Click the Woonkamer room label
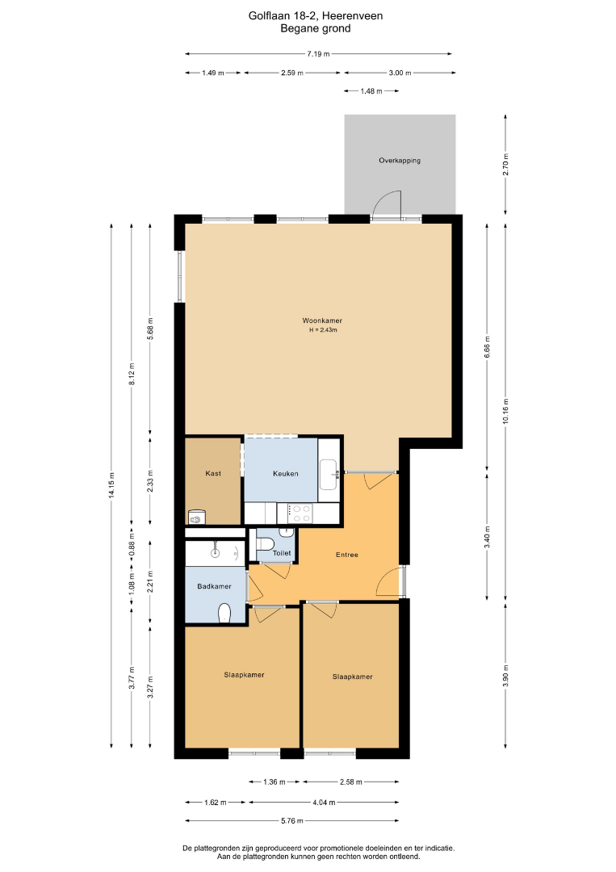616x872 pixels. tap(322, 321)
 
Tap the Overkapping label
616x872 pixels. tap(400, 161)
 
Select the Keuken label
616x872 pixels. tap(286, 474)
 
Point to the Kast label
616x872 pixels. tap(213, 473)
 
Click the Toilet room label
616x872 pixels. tap(282, 553)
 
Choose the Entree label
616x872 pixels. tap(347, 555)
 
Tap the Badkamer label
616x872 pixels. tap(214, 586)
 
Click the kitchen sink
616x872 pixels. tap(329, 475)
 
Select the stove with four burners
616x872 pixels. tap(300, 513)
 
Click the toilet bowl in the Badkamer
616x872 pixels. tap(224, 613)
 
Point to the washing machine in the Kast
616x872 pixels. tap(196, 518)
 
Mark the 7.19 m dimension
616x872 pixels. tap(318, 54)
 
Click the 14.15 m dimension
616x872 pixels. tap(111, 486)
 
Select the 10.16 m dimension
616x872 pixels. tap(505, 412)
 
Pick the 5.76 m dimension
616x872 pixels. tap(292, 821)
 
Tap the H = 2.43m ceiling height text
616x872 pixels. tap(323, 330)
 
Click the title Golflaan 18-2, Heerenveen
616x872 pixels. tap(315, 16)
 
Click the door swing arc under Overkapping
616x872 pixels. tap(383, 198)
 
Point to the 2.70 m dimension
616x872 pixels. tap(505, 165)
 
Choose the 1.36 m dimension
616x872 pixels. tap(274, 782)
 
